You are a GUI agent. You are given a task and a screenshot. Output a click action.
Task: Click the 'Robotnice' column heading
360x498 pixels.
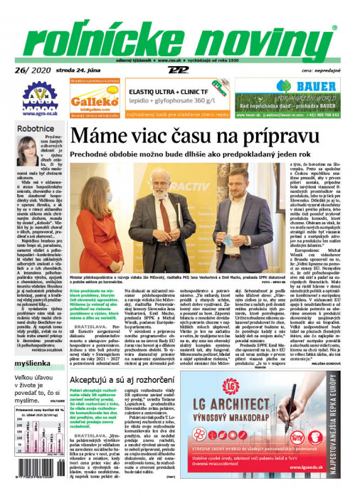pyautogui.click(x=36, y=129)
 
